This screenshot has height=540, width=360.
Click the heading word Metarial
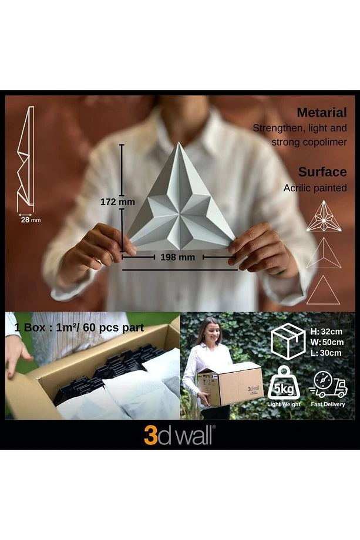tap(321, 113)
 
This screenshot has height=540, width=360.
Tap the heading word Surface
tap(322, 172)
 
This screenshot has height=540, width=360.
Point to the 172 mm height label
tap(117, 202)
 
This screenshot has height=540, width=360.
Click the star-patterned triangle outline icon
tap(324, 216)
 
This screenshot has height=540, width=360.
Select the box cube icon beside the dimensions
tap(288, 341)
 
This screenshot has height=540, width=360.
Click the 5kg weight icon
tap(284, 383)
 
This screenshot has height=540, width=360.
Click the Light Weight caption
tap(284, 404)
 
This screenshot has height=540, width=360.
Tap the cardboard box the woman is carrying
tap(230, 384)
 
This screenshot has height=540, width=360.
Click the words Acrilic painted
tap(315, 188)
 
